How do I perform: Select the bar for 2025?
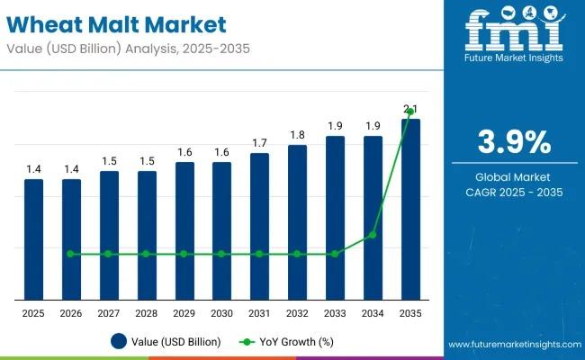[33, 238]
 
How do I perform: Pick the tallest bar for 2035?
[410, 209]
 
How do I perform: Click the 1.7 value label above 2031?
[259, 143]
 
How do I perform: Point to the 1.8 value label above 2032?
[297, 135]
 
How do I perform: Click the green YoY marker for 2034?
[373, 235]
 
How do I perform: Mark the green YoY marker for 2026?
[71, 254]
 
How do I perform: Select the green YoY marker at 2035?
[410, 112]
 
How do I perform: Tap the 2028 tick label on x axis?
[147, 312]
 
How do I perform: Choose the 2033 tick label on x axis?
[335, 312]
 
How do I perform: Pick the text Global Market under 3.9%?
[513, 176]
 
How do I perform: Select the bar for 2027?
[109, 235]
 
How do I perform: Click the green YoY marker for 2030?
[221, 254]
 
